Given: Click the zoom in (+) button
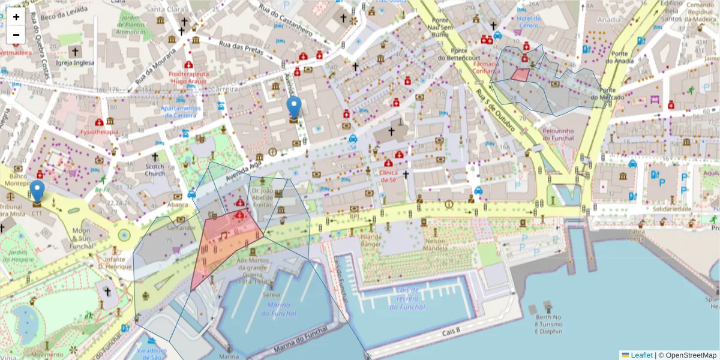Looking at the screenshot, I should click(x=16, y=17).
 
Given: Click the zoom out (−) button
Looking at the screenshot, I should click(x=16, y=35).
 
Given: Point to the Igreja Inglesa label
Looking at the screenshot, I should click(x=75, y=62).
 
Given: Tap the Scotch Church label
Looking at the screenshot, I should click(x=155, y=170).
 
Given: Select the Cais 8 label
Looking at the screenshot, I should click(x=451, y=331).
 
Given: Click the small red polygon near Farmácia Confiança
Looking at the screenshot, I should click(x=520, y=75).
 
